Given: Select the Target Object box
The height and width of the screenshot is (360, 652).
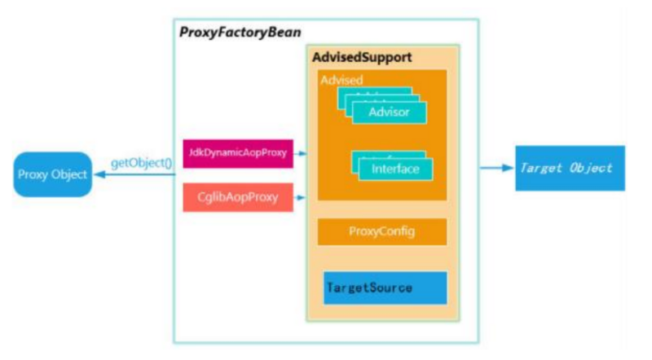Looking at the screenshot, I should click(x=570, y=168).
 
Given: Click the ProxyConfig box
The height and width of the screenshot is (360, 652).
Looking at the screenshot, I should click(x=382, y=231).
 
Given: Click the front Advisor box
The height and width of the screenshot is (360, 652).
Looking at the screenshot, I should click(x=389, y=112).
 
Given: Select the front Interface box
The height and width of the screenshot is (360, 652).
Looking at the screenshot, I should click(x=395, y=169).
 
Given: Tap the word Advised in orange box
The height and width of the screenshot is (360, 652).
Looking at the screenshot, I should click(x=341, y=80).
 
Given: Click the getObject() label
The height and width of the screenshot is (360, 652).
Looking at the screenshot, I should click(x=141, y=163).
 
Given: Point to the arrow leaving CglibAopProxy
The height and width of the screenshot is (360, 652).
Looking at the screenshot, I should click(x=301, y=197).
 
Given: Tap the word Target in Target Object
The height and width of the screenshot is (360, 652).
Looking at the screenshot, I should click(x=541, y=168).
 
